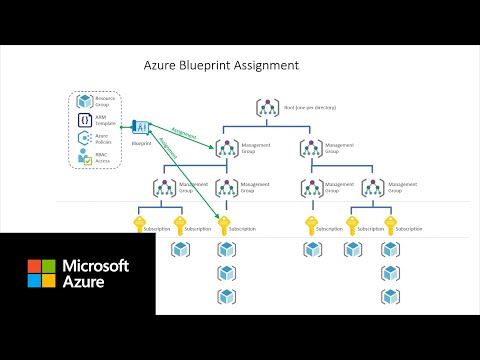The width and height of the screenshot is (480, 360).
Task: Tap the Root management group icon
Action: tap(267, 108)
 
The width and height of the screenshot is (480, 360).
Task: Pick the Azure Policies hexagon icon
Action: tap(86, 140)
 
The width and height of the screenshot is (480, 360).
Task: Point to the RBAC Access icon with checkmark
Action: tap(86, 158)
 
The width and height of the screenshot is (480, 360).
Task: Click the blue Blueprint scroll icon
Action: tap(140, 126)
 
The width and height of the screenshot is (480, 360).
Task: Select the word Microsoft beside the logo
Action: tap(96, 266)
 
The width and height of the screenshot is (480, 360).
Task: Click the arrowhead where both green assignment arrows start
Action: tap(150, 126)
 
